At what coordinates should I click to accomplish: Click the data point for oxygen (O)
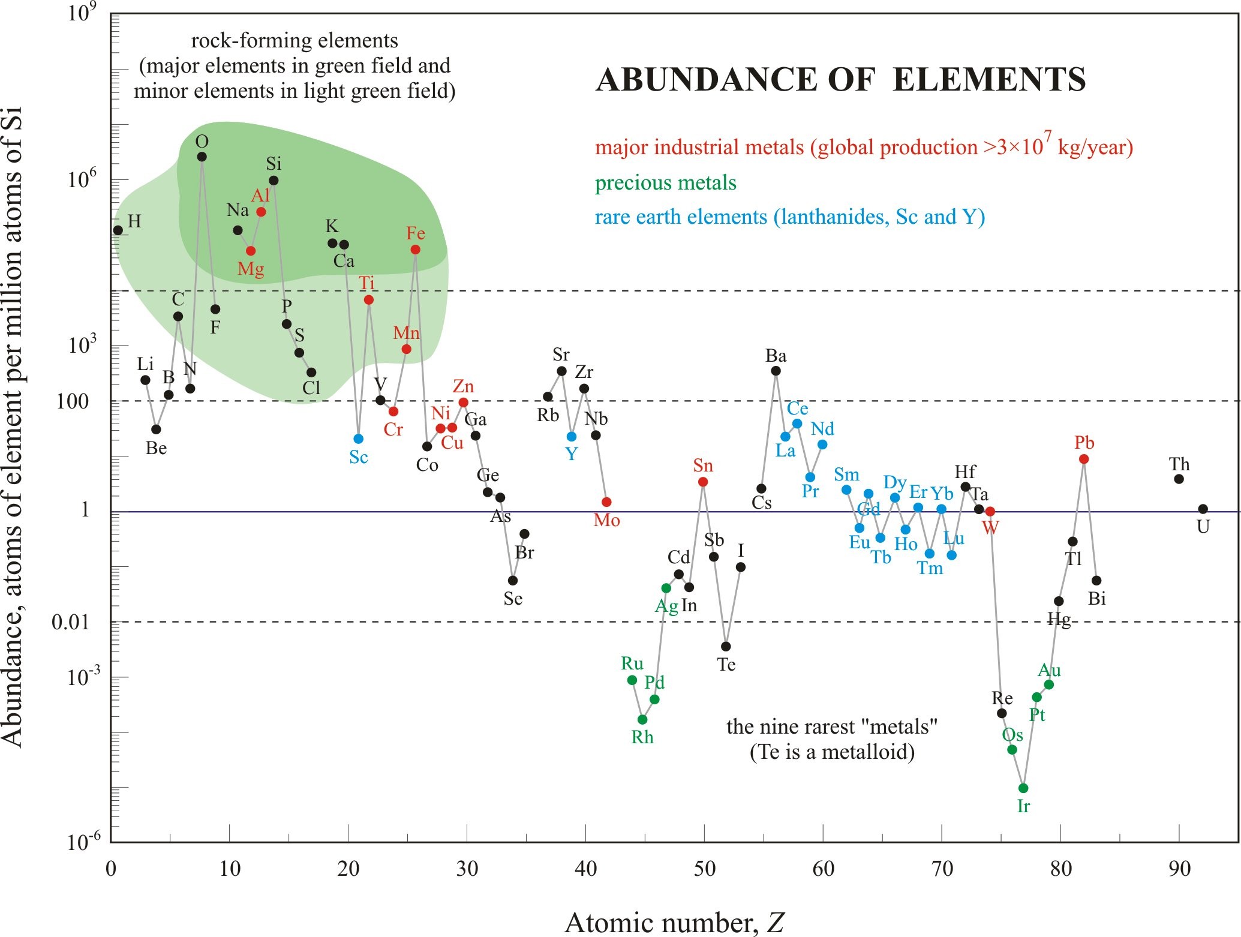(x=202, y=157)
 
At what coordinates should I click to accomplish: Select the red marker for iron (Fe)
(x=415, y=250)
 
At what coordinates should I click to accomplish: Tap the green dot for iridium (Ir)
(x=1023, y=788)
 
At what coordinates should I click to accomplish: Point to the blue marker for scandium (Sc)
(x=359, y=439)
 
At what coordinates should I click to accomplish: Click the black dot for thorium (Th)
(x=1179, y=479)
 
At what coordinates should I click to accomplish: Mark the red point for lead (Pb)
(x=1084, y=459)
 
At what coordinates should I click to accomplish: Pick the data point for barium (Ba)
(x=776, y=371)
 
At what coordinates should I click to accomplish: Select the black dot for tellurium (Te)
(x=726, y=646)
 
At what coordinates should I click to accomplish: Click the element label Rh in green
(x=642, y=737)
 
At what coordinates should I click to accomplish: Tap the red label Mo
(x=606, y=520)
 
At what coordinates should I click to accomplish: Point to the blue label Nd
(x=822, y=429)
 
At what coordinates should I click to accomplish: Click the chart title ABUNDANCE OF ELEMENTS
(x=840, y=80)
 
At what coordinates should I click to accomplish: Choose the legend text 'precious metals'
(x=665, y=183)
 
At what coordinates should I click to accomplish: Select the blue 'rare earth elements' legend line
(x=789, y=217)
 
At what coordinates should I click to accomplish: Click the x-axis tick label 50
(x=705, y=869)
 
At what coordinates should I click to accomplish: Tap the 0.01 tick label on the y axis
(x=70, y=622)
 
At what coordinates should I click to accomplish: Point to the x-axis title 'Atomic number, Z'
(x=674, y=923)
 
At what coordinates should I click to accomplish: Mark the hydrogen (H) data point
(x=118, y=230)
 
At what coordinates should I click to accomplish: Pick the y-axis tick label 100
(x=73, y=401)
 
